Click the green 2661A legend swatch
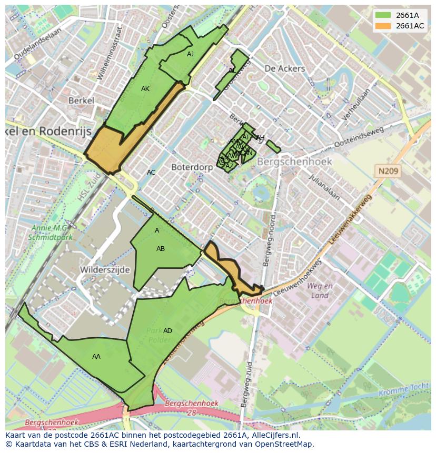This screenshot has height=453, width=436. click(x=383, y=15)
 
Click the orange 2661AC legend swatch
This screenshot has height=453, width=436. click(x=383, y=26)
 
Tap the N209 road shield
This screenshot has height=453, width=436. click(x=388, y=171)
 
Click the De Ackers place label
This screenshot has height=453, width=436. click(x=284, y=68)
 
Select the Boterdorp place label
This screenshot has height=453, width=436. click(x=192, y=167)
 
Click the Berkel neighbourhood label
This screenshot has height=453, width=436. click(x=81, y=100)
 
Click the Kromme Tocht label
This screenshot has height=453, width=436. click(x=408, y=388)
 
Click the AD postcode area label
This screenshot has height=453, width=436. click(x=167, y=331)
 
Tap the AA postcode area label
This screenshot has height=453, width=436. click(x=96, y=357)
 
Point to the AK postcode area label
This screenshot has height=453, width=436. click(x=145, y=89)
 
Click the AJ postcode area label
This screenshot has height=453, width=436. click(x=190, y=54)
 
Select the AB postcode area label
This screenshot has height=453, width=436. click(x=161, y=249)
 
